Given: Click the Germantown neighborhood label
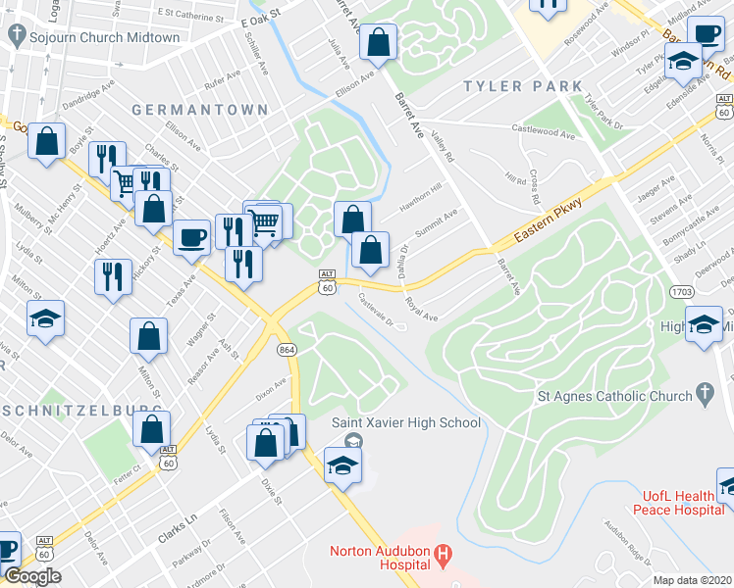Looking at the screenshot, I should pos(185,110).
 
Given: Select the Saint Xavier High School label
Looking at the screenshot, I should pos(405,422).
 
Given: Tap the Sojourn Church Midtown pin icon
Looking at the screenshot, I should pos(16,37).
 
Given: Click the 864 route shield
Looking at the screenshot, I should pos(287,350).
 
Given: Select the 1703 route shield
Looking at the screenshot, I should pos(684,292).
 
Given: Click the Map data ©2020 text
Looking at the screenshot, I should pos(692,580).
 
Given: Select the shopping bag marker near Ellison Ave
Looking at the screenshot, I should pos(378,42).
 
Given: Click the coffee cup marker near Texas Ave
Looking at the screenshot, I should pos(191,236).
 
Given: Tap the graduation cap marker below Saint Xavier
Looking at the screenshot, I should pos(342,465).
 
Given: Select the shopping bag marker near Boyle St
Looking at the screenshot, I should pos(46,141).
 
